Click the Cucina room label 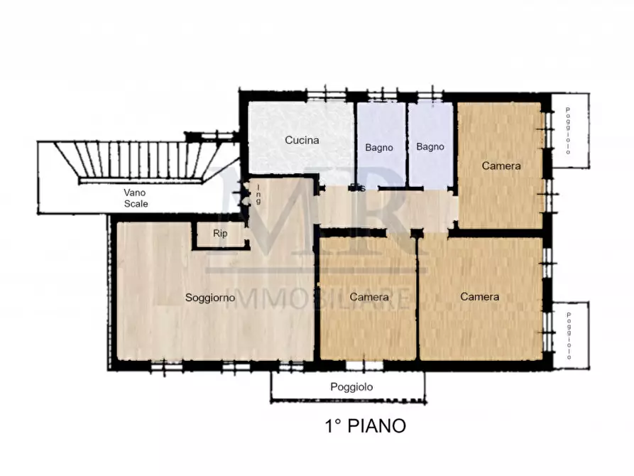pyautogui.click(x=302, y=140)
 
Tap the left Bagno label pyautogui.click(x=380, y=147)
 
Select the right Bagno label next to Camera pyautogui.click(x=430, y=147)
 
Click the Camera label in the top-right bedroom pyautogui.click(x=501, y=166)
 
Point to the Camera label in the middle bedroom pyautogui.click(x=368, y=296)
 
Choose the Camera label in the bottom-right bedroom pyautogui.click(x=479, y=296)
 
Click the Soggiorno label pyautogui.click(x=210, y=298)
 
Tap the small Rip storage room pyautogui.click(x=220, y=233)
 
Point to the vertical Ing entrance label pyautogui.click(x=258, y=195)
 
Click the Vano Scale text pyautogui.click(x=136, y=198)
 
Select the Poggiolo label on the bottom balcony pyautogui.click(x=351, y=387)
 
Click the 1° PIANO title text pyautogui.click(x=365, y=426)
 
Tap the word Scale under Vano pyautogui.click(x=136, y=203)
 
